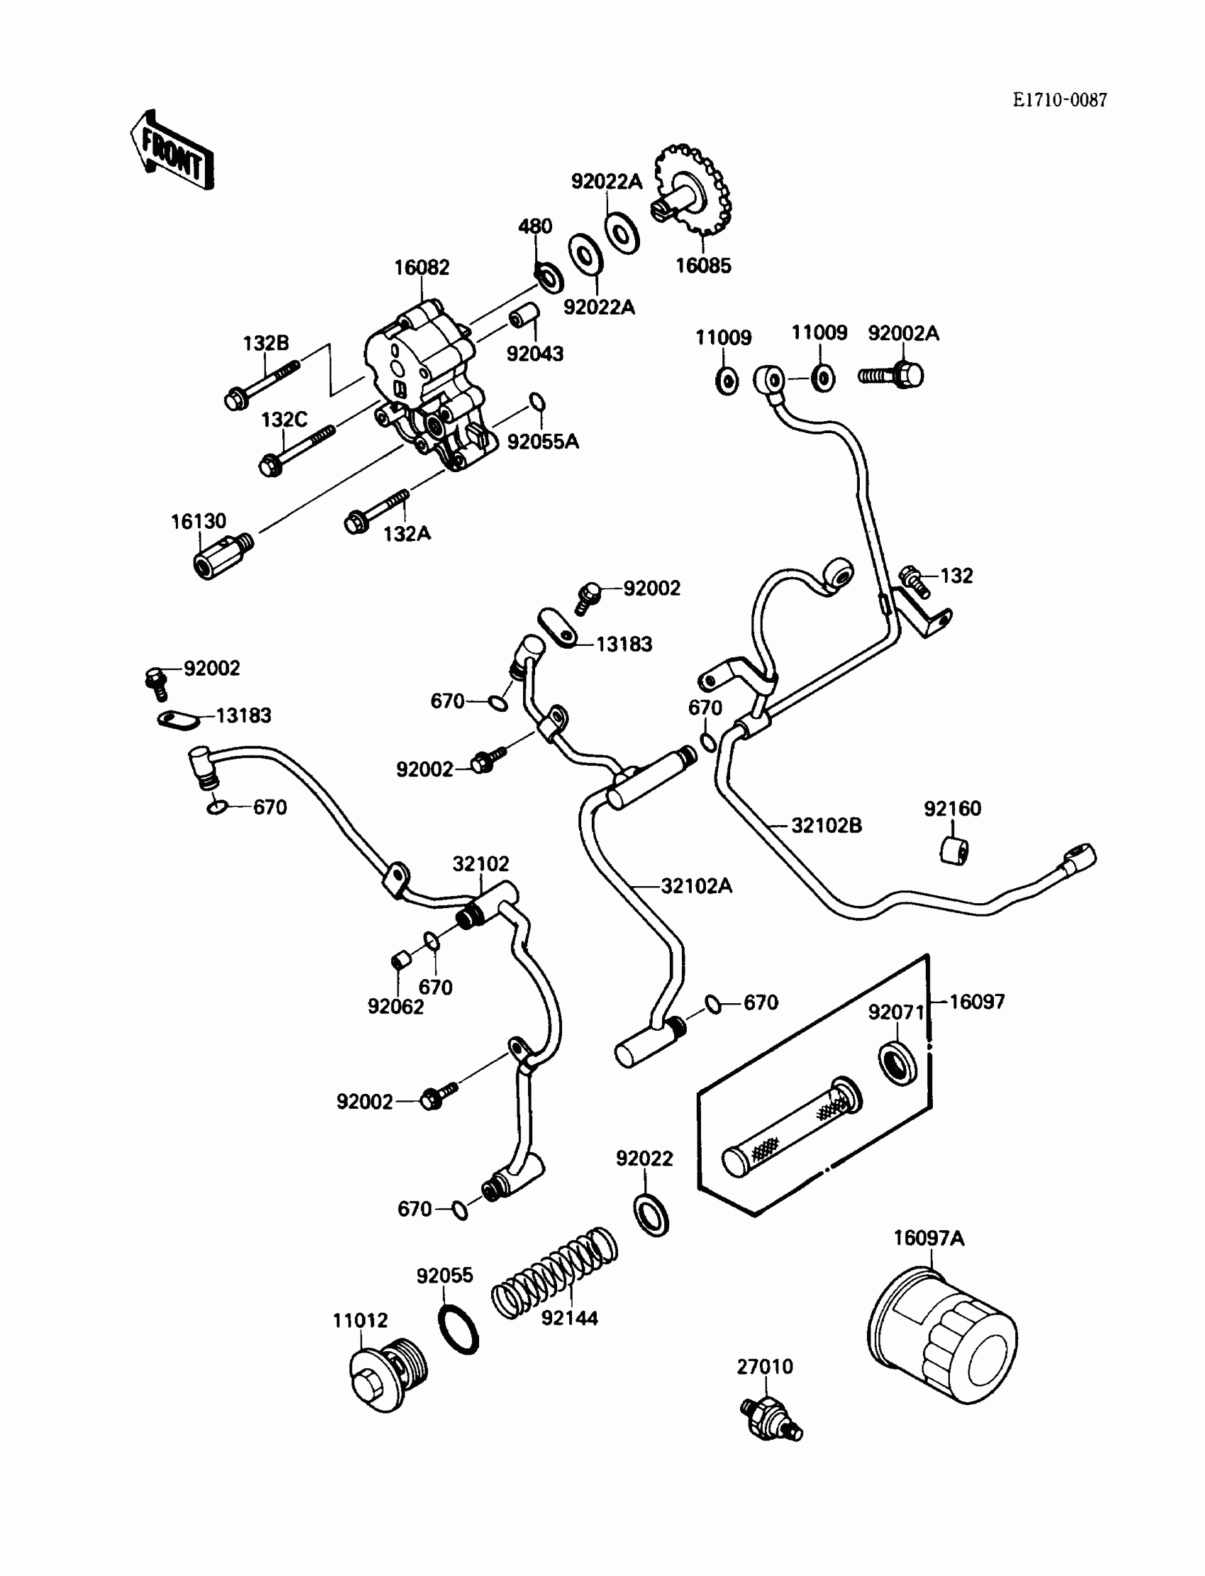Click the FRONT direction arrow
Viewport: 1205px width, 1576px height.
coord(172,151)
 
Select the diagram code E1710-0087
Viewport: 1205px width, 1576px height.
coord(1060,101)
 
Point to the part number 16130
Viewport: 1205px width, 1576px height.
coord(198,522)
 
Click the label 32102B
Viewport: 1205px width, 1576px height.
coord(826,826)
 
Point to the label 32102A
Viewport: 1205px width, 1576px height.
coord(696,886)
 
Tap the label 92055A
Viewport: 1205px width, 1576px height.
coord(543,442)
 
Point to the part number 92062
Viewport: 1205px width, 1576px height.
coord(396,1007)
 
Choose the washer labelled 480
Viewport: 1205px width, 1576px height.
coord(549,276)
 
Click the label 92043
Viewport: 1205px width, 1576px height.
coord(534,354)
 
